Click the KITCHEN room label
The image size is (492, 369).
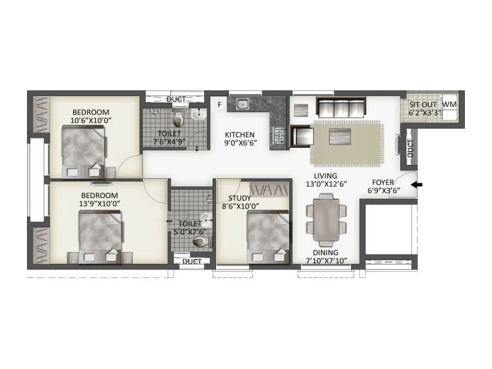(x=236, y=135)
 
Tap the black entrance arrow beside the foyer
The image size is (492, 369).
(x=416, y=184)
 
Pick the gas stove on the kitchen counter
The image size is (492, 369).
(x=279, y=135)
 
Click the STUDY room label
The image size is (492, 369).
(x=239, y=198)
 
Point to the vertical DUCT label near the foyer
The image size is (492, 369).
(x=410, y=148)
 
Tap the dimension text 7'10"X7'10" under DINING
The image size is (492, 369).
(x=326, y=261)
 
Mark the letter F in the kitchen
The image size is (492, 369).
(x=218, y=105)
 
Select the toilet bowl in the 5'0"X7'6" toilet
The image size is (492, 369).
(x=200, y=242)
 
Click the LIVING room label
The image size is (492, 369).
(x=325, y=175)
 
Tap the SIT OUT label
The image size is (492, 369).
(x=424, y=105)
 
